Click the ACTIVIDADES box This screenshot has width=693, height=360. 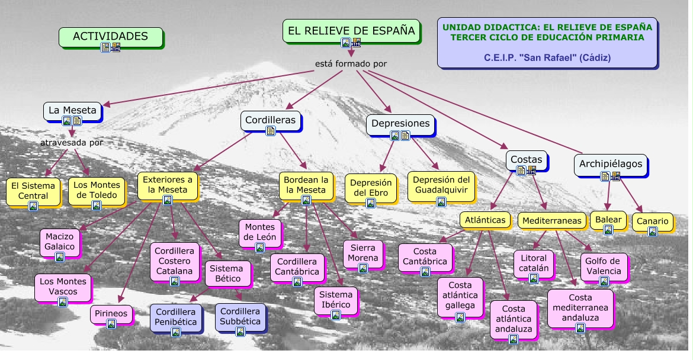[x=111, y=37]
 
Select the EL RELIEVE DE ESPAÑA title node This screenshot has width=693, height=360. [x=351, y=31]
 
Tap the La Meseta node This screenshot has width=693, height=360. [x=72, y=111]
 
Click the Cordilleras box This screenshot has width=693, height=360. [x=271, y=121]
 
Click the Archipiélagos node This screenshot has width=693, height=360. [x=610, y=165]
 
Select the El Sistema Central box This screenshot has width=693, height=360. [x=33, y=192]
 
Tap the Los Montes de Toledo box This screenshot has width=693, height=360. [x=97, y=191]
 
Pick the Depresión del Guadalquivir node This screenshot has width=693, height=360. [x=441, y=187]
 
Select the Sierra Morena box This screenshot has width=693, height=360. [x=363, y=254]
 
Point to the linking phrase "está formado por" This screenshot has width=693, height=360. [x=351, y=64]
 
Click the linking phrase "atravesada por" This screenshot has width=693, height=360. [x=72, y=143]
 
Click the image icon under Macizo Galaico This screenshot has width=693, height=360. [x=60, y=256]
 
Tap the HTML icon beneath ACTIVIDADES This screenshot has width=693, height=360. [x=115, y=47]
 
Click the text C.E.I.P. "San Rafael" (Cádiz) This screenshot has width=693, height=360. [x=547, y=58]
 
